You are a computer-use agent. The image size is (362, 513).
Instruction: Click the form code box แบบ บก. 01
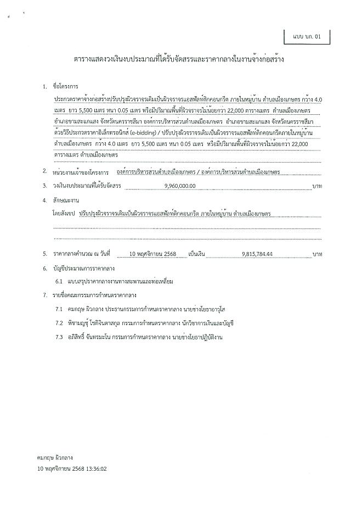pyautogui.click(x=307, y=37)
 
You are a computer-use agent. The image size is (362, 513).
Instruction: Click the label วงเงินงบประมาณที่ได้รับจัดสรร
pyautogui.click(x=82, y=186)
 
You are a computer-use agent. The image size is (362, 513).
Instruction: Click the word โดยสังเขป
pyautogui.click(x=65, y=212)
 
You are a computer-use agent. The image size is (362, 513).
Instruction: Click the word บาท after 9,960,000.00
pyautogui.click(x=316, y=186)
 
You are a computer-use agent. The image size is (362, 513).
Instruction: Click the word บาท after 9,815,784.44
pyautogui.click(x=316, y=254)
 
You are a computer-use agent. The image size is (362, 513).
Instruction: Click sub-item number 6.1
pyautogui.click(x=60, y=282)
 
